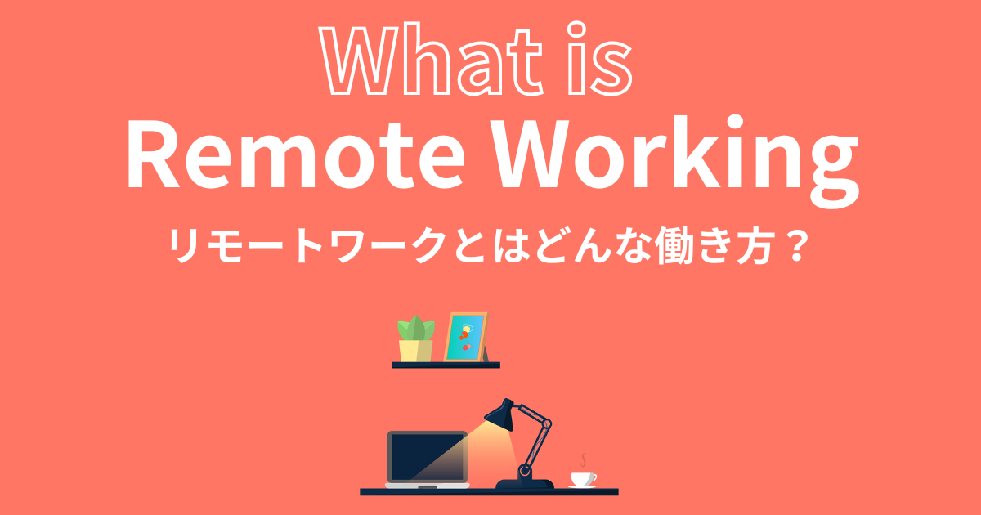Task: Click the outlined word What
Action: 431,60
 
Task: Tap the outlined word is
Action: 599,59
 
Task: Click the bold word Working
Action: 678,161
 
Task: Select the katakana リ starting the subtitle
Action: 186,246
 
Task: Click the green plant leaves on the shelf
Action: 415,329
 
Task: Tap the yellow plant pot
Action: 415,351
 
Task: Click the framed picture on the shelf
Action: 465,337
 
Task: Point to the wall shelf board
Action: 446,365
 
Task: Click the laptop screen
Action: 427,458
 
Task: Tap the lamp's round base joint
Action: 524,471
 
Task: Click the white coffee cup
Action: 583,479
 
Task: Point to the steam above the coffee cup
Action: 584,460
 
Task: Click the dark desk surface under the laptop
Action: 489,492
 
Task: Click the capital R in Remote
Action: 153,157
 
